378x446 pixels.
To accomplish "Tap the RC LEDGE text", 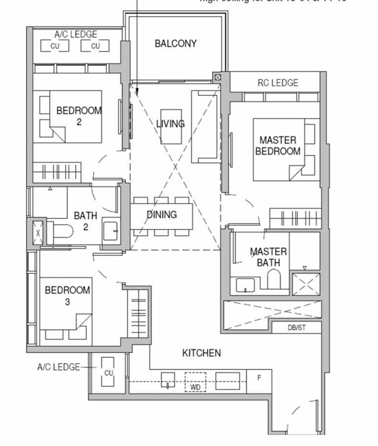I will tap(278, 83).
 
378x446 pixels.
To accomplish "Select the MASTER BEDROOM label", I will tap(278, 146).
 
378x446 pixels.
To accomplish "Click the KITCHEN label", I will tap(201, 353).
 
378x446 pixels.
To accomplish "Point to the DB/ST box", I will tap(296, 328).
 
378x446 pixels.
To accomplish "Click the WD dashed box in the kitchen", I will tap(195, 382).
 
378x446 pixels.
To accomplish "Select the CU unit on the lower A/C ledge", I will tap(108, 372).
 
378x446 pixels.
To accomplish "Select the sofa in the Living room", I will tap(204, 127).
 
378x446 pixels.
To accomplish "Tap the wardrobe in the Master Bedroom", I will tap(295, 218).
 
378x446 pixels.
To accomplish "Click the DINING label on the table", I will tap(162, 215).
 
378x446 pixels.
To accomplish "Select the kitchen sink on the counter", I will tap(167, 381).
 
